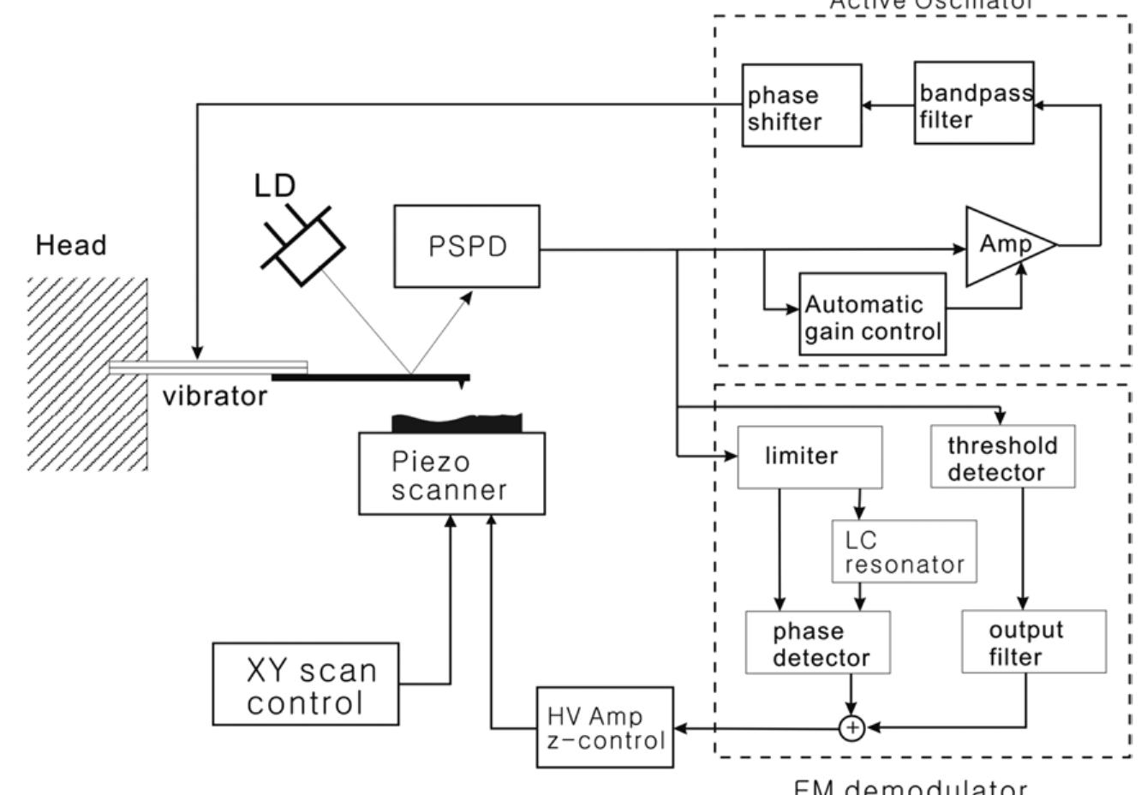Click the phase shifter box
pos(801,105)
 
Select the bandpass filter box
pos(973,103)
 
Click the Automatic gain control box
pos(872,314)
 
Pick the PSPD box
pos(467,246)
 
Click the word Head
pos(71,246)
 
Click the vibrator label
pos(214,397)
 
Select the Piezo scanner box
pos(451,474)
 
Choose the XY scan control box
pos(306,684)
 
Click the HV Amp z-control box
pos(605,727)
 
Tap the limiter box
pos(809,457)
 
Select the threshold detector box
pos(1001,457)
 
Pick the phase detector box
pos(817,643)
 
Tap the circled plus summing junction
pos(851,728)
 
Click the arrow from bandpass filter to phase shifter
pos(887,106)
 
